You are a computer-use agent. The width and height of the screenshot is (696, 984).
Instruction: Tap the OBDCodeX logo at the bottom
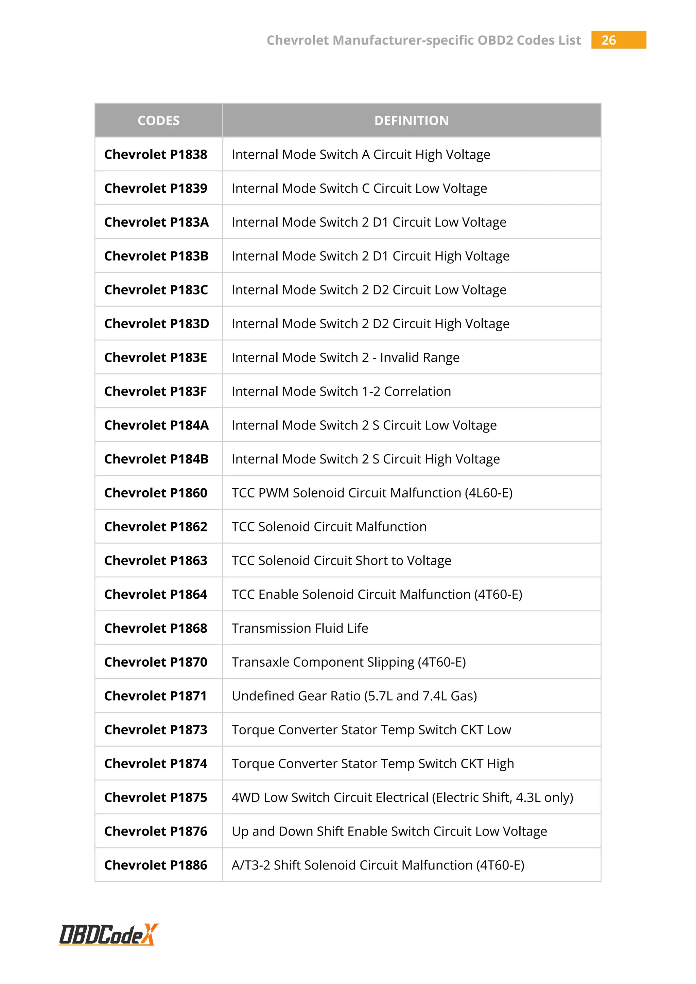(x=108, y=934)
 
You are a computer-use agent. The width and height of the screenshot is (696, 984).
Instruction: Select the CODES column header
(x=159, y=120)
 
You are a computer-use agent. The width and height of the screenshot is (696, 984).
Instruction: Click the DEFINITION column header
(x=412, y=120)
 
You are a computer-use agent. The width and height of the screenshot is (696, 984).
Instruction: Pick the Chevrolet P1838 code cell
(x=156, y=154)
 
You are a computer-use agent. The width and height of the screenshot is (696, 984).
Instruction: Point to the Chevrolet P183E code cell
(x=156, y=357)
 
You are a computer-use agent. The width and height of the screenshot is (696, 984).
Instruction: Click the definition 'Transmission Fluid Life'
(x=300, y=628)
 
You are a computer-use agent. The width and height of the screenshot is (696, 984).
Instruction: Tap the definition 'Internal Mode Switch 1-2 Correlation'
(x=341, y=391)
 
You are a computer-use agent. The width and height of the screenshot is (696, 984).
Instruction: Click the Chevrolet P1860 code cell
(x=156, y=493)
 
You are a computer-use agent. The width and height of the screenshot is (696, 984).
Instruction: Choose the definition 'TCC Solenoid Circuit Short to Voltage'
(x=341, y=561)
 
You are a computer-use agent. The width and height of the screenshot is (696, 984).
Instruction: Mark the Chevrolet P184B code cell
(x=156, y=459)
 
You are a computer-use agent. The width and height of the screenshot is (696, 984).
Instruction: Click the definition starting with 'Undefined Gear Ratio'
(x=354, y=696)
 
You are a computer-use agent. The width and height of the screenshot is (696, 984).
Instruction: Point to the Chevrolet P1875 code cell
(x=156, y=797)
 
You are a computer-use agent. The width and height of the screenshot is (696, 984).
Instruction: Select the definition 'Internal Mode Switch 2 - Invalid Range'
(x=345, y=357)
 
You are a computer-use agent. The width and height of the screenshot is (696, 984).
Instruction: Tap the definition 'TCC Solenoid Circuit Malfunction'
(x=329, y=527)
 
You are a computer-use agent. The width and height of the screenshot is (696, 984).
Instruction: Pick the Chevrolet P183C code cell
(x=156, y=290)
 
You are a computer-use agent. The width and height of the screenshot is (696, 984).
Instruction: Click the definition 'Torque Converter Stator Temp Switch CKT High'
(x=372, y=764)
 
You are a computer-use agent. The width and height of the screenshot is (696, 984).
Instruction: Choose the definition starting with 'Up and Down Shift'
(x=389, y=831)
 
